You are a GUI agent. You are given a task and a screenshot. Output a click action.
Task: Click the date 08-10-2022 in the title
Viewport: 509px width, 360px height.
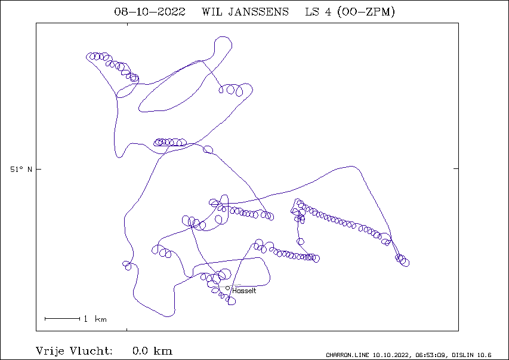pos(150,12)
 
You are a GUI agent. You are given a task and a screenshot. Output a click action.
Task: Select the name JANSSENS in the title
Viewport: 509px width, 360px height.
pos(258,12)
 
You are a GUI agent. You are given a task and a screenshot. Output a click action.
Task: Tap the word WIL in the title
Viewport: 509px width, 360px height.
pos(211,12)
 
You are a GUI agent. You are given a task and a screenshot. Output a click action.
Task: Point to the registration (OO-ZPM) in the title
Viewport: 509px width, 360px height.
pos(366,12)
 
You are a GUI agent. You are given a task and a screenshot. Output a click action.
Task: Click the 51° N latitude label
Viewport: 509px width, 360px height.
pos(21,170)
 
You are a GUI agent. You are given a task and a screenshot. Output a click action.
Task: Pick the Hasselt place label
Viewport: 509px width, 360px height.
pos(244,291)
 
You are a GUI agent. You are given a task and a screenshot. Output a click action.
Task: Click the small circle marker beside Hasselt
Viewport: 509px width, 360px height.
pos(227,288)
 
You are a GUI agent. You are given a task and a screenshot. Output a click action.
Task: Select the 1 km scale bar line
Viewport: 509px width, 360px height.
pos(62,319)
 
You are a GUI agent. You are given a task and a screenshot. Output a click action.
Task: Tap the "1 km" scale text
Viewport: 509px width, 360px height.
pos(95,319)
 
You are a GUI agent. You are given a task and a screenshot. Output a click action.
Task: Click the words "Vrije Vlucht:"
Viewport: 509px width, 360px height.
pos(74,351)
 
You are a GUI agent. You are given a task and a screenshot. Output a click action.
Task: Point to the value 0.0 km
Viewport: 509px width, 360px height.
pos(152,351)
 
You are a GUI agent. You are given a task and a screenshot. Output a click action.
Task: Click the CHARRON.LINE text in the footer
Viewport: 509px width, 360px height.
pos(348,355)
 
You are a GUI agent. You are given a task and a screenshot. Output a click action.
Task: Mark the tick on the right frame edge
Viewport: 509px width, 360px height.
pos(456,169)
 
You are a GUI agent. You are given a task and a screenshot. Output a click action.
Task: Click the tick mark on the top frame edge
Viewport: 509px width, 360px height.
pos(127,24)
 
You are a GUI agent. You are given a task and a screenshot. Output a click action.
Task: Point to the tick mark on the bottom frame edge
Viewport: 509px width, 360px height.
pos(127,330)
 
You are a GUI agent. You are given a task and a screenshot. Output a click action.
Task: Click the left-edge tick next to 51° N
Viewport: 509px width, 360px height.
pos(39,169)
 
